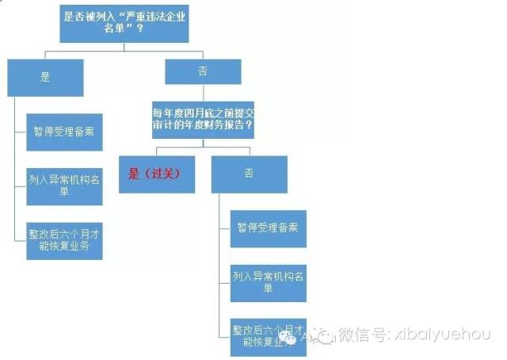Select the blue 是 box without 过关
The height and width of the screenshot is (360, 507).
44,78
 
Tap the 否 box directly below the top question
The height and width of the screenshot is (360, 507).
202,72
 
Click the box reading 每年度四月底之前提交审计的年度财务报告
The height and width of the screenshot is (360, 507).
202,119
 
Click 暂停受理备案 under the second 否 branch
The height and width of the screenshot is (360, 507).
269,228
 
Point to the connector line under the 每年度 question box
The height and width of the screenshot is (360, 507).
202,143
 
